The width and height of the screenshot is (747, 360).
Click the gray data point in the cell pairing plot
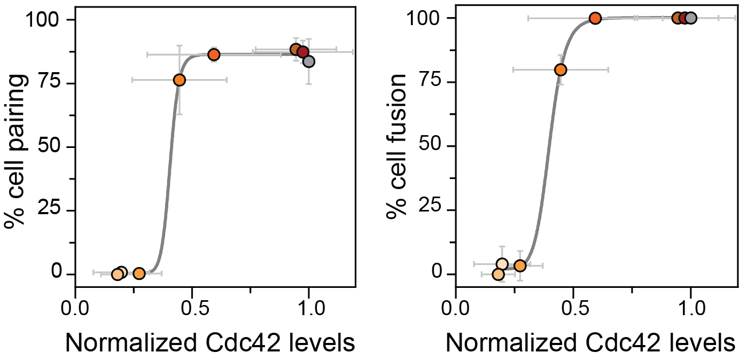pyautogui.click(x=308, y=61)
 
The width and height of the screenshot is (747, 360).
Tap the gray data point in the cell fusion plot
pyautogui.click(x=690, y=18)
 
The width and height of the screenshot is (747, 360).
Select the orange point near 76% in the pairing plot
pyautogui.click(x=180, y=80)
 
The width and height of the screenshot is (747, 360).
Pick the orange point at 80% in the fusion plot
pyautogui.click(x=561, y=69)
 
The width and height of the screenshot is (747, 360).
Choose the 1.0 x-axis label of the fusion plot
pyautogui.click(x=690, y=310)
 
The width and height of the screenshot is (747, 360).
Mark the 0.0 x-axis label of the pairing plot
pyautogui.click(x=75, y=310)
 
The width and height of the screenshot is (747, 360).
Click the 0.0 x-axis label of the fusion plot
pyautogui.click(x=456, y=310)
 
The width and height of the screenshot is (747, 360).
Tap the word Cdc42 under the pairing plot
pyautogui.click(x=224, y=343)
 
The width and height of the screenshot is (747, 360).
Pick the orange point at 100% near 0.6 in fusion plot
pyautogui.click(x=595, y=18)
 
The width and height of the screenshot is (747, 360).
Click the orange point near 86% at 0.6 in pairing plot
pyautogui.click(x=214, y=54)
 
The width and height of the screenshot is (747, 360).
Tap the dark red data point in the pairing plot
pyautogui.click(x=303, y=52)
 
